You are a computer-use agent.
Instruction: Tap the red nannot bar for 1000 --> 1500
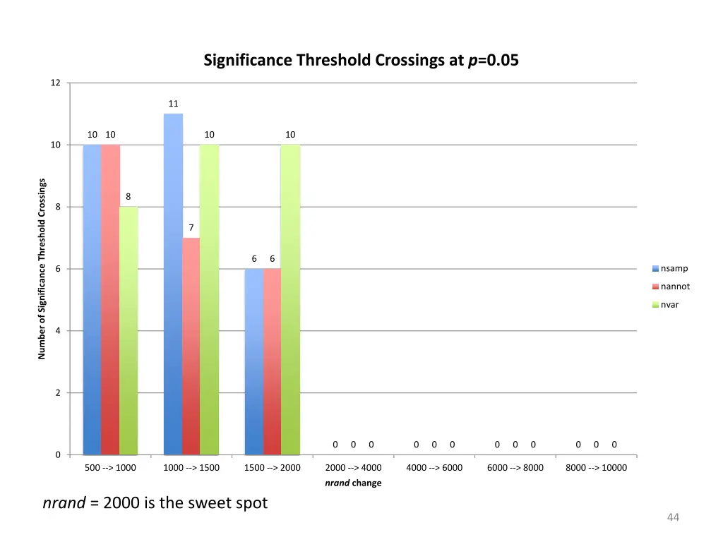coord(191,346)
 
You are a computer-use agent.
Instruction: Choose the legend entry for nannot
coord(675,287)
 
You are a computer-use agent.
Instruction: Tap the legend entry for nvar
coord(669,305)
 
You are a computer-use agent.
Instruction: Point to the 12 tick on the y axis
coord(56,83)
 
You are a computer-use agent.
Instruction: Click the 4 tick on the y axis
coord(58,331)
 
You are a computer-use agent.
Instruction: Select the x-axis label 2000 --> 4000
coord(353,468)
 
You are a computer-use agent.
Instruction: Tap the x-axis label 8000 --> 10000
coord(596,468)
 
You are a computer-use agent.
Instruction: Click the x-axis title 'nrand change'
coord(353,483)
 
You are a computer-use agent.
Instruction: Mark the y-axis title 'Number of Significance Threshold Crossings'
coord(42,269)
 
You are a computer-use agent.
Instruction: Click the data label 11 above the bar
coord(173,104)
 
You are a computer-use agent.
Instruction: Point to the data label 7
coord(191,228)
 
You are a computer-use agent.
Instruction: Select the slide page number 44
coord(673,519)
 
